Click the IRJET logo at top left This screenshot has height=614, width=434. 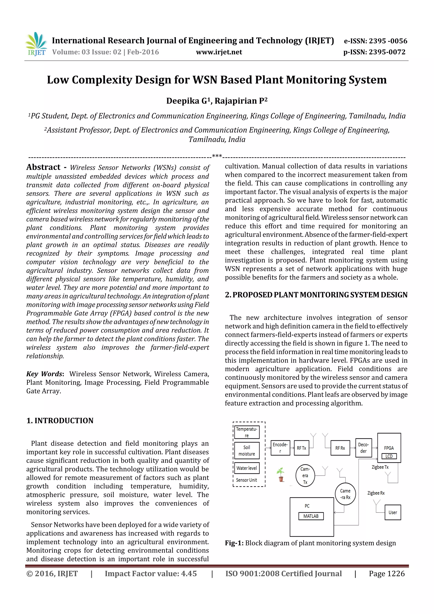coord(36,44)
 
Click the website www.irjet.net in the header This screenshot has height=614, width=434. coord(219,52)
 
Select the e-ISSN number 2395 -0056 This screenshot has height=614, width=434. coord(388,41)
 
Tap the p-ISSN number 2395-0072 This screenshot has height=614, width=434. coord(387,52)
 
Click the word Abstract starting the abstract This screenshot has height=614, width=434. coord(43,167)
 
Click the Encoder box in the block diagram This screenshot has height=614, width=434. coord(280,448)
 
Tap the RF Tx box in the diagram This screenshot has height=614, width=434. coord(301,448)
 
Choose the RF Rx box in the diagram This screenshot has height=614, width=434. coord(340,448)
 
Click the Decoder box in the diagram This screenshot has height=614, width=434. coord(363,448)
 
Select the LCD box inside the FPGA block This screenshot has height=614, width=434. coord(389,456)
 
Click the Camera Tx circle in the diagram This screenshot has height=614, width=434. coord(305,475)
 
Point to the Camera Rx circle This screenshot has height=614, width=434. coord(345,494)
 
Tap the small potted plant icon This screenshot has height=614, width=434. coord(281,475)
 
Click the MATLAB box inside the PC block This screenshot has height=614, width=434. coord(311,516)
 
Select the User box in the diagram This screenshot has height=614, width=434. coord(392,512)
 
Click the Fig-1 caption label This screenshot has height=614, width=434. coord(234,543)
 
